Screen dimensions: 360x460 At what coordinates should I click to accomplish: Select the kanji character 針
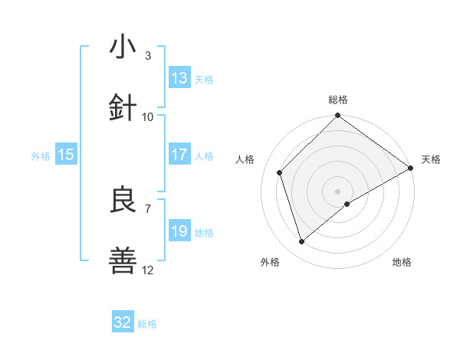123,108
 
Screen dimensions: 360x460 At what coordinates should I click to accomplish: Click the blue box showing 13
179,78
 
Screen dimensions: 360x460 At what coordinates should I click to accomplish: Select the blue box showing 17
179,155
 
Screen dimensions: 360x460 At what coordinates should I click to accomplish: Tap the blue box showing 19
179,231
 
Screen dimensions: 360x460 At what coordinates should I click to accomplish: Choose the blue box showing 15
66,155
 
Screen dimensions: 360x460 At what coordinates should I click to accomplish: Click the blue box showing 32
123,322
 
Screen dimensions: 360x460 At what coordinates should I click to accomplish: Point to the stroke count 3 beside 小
147,55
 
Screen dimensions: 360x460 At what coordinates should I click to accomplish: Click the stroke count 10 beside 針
148,116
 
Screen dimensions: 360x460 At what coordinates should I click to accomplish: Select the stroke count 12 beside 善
148,270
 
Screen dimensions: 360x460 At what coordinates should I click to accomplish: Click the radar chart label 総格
338,100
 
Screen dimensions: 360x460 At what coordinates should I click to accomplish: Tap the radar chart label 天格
431,159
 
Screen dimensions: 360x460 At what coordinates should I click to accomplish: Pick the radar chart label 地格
402,262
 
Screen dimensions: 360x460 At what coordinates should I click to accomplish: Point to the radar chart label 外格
270,262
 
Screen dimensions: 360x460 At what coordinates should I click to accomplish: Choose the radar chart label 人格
246,159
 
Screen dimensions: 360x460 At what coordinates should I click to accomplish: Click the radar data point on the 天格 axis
411,168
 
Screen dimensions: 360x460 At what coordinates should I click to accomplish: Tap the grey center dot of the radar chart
337,191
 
